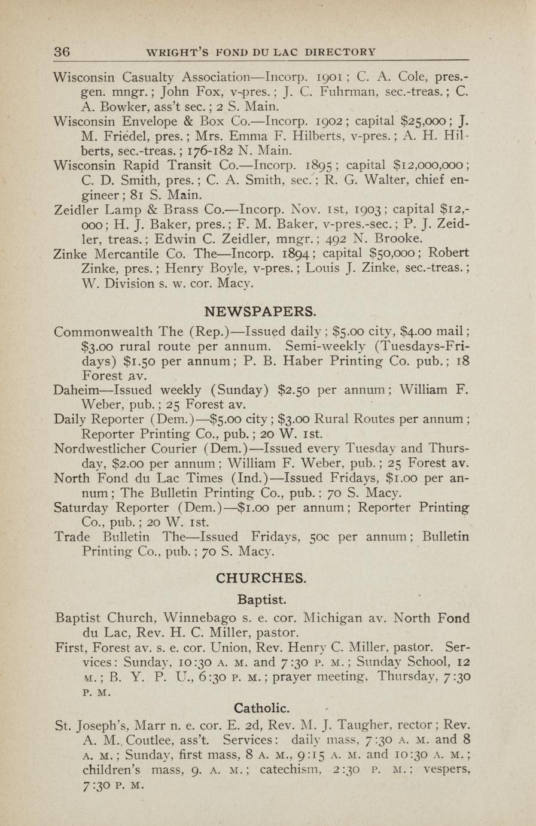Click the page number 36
pos(62,52)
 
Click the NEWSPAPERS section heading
pos(260,312)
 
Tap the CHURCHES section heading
pos(260,578)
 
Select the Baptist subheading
pos(262,599)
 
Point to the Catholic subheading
pos(262,708)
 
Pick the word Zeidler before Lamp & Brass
pos(77,209)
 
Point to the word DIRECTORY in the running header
pos(340,52)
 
